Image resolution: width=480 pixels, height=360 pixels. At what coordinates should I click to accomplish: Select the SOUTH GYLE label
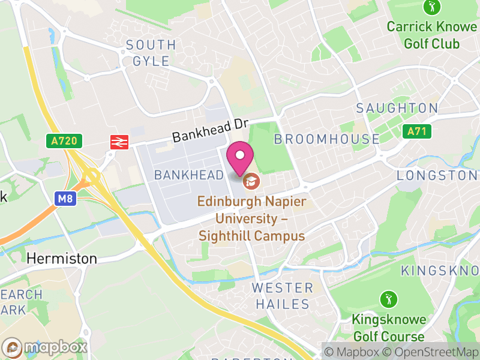pos(151,53)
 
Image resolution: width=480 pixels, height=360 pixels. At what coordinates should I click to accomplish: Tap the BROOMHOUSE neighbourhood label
pos(327,139)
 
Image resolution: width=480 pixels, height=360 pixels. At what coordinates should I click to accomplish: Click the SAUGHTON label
pos(397,108)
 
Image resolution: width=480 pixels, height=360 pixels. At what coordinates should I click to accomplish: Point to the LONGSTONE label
pos(437,175)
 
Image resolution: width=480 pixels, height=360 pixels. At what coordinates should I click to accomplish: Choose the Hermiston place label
pos(62,259)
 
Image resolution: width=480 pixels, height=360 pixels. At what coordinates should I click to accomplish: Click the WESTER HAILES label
pos(282,296)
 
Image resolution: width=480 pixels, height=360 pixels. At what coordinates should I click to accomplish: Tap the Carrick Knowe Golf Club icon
pos(431,8)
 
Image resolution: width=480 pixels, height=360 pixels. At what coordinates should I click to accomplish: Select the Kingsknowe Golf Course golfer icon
pos(389,298)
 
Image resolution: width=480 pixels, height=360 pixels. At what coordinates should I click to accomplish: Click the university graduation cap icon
pos(251,179)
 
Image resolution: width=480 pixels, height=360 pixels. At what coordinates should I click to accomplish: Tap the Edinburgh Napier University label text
pos(253,218)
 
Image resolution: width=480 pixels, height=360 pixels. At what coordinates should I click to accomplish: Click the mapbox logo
pos(46,347)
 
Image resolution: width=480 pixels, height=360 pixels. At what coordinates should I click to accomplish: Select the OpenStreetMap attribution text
pos(432,352)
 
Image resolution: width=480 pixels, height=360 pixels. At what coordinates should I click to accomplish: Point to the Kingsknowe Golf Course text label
pos(389,328)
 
